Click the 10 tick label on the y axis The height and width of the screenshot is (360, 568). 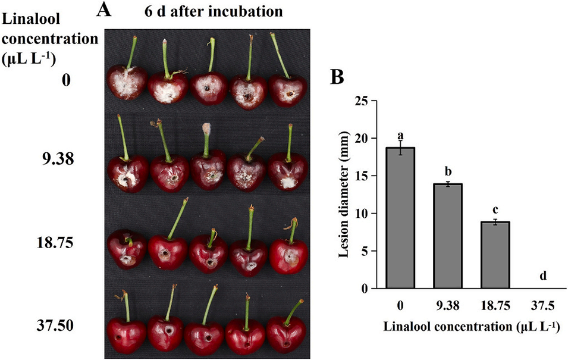click(x=364, y=213)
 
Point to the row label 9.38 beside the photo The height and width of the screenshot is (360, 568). click(x=59, y=159)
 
